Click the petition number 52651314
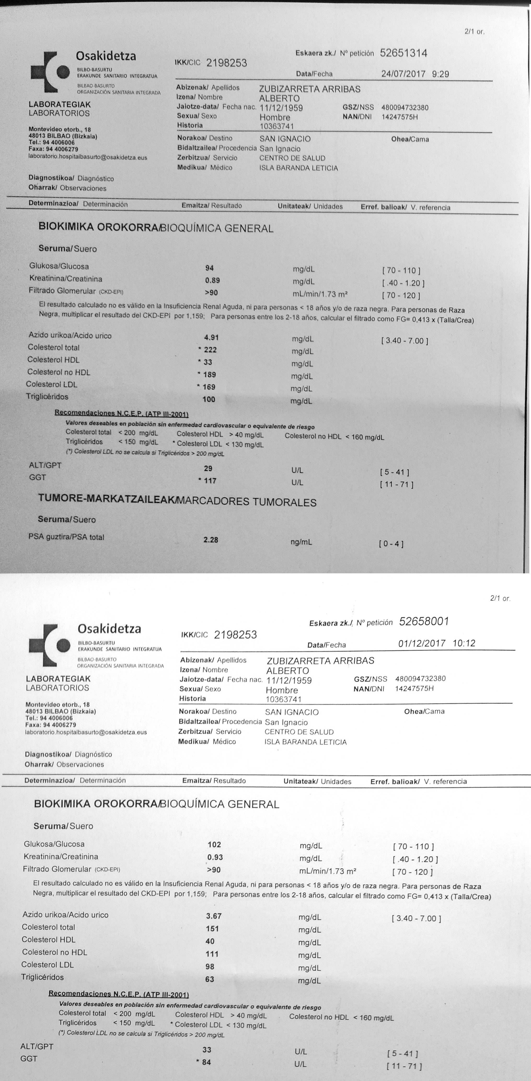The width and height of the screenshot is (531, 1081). tap(403, 53)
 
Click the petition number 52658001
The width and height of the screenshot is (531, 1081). tap(424, 621)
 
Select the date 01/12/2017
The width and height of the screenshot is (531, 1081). tap(421, 643)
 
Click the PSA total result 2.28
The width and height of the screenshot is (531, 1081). tap(211, 540)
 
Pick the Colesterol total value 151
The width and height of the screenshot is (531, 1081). tap(212, 929)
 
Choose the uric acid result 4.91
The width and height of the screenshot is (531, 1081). tap(211, 337)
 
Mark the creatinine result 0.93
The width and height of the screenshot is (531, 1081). tap(215, 857)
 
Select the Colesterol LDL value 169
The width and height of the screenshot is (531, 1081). tap(209, 387)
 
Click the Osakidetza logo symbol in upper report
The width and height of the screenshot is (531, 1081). tap(50, 72)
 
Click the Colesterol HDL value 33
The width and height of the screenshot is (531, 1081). tap(207, 362)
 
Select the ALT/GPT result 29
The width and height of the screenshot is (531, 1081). tap(208, 468)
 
